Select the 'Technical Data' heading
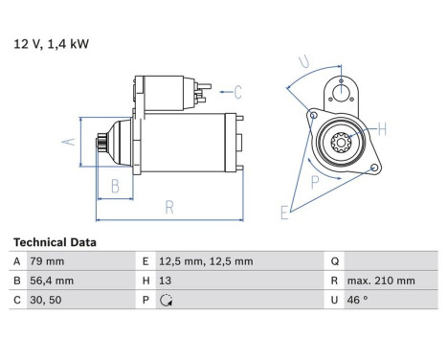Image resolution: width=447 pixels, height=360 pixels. pyautogui.click(x=55, y=243)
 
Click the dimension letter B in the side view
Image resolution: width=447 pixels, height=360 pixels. pyautogui.click(x=115, y=186)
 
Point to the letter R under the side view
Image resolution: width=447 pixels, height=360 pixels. pyautogui.click(x=169, y=205)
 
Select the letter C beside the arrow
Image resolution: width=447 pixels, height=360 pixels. pyautogui.click(x=237, y=92)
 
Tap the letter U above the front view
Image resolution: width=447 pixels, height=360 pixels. pyautogui.click(x=305, y=63)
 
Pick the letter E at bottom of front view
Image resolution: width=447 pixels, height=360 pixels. pyautogui.click(x=284, y=212)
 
